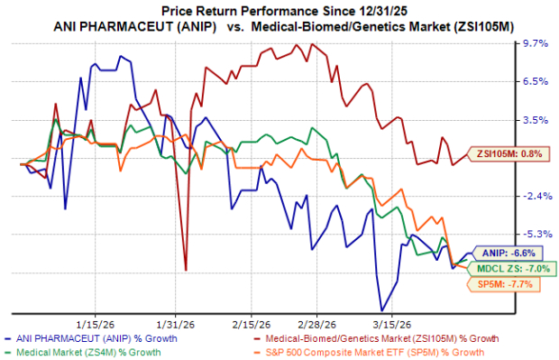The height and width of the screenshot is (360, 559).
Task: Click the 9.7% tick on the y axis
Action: point(535,43)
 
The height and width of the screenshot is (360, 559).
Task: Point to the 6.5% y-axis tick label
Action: point(535,81)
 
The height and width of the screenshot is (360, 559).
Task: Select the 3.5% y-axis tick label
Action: point(535,119)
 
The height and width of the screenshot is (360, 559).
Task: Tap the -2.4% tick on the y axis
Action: point(535,196)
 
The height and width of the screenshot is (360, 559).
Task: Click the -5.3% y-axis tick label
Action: point(535,234)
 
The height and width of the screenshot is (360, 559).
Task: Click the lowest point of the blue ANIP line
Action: point(381,310)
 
